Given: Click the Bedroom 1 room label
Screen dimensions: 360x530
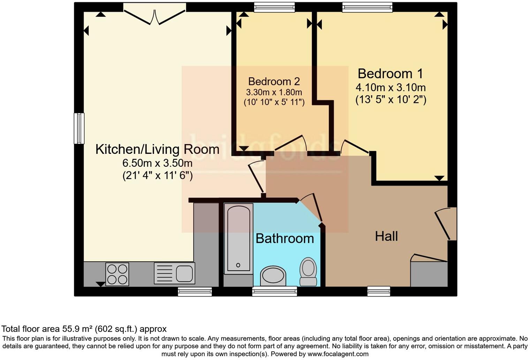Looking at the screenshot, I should [390, 74].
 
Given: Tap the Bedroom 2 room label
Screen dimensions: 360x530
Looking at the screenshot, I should [274, 82].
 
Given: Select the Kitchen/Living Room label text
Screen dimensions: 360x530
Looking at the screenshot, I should [157, 149].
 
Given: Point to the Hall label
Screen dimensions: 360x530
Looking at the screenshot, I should [386, 237].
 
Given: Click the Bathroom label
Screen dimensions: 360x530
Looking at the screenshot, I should [285, 239].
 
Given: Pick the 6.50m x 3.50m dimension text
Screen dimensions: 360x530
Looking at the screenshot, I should [157, 163].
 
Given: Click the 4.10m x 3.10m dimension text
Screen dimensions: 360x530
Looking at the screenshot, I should [391, 87].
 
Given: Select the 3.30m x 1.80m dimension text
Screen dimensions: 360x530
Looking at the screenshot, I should [274, 92].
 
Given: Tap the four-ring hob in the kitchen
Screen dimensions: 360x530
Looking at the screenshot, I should [117, 274].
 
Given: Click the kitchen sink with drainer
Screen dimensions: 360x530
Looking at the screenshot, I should [174, 273].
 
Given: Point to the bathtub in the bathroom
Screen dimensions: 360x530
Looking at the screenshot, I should [238, 238].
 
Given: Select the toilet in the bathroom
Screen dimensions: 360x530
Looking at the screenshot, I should [308, 271].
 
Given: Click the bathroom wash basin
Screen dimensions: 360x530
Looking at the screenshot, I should [273, 276].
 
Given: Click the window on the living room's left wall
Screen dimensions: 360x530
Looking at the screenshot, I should [79, 128].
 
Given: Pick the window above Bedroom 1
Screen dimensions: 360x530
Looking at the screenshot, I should [367, 7].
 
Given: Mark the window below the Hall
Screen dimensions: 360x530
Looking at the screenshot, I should [379, 291].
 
